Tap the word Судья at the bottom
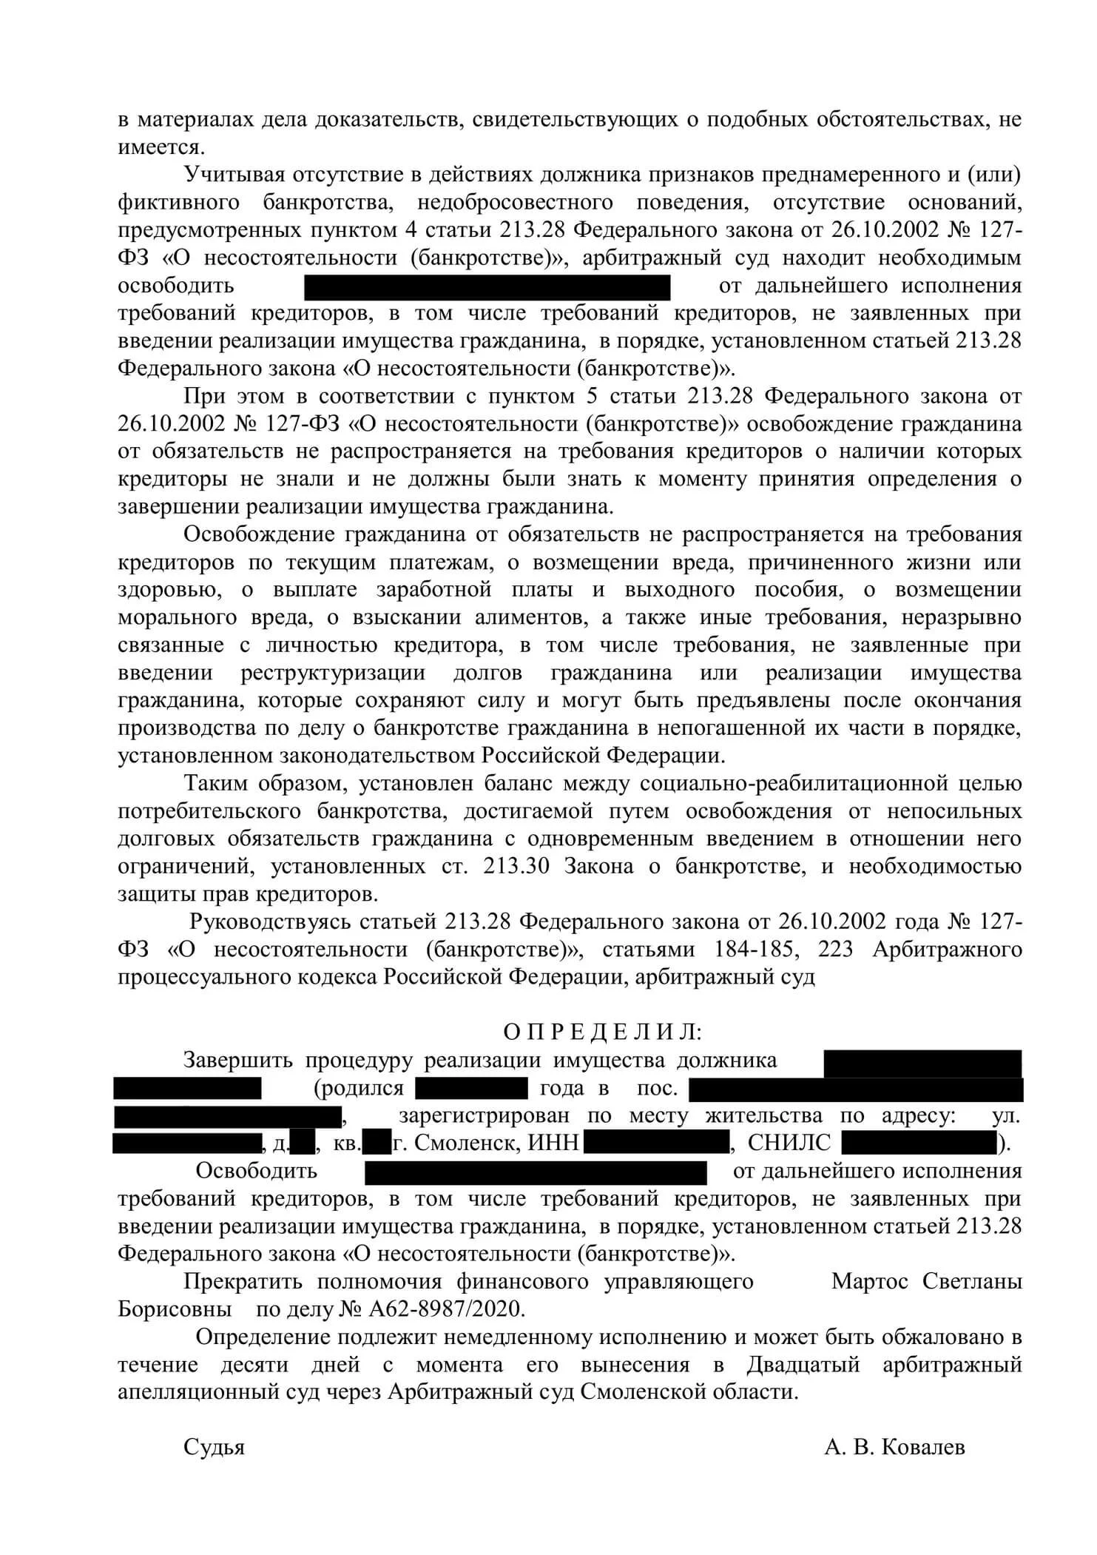point(214,1447)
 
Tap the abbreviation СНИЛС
point(789,1143)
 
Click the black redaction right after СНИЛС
point(919,1143)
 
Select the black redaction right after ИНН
point(656,1143)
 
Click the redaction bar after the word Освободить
point(536,1172)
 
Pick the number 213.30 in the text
point(516,867)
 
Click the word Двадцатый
point(803,1364)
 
